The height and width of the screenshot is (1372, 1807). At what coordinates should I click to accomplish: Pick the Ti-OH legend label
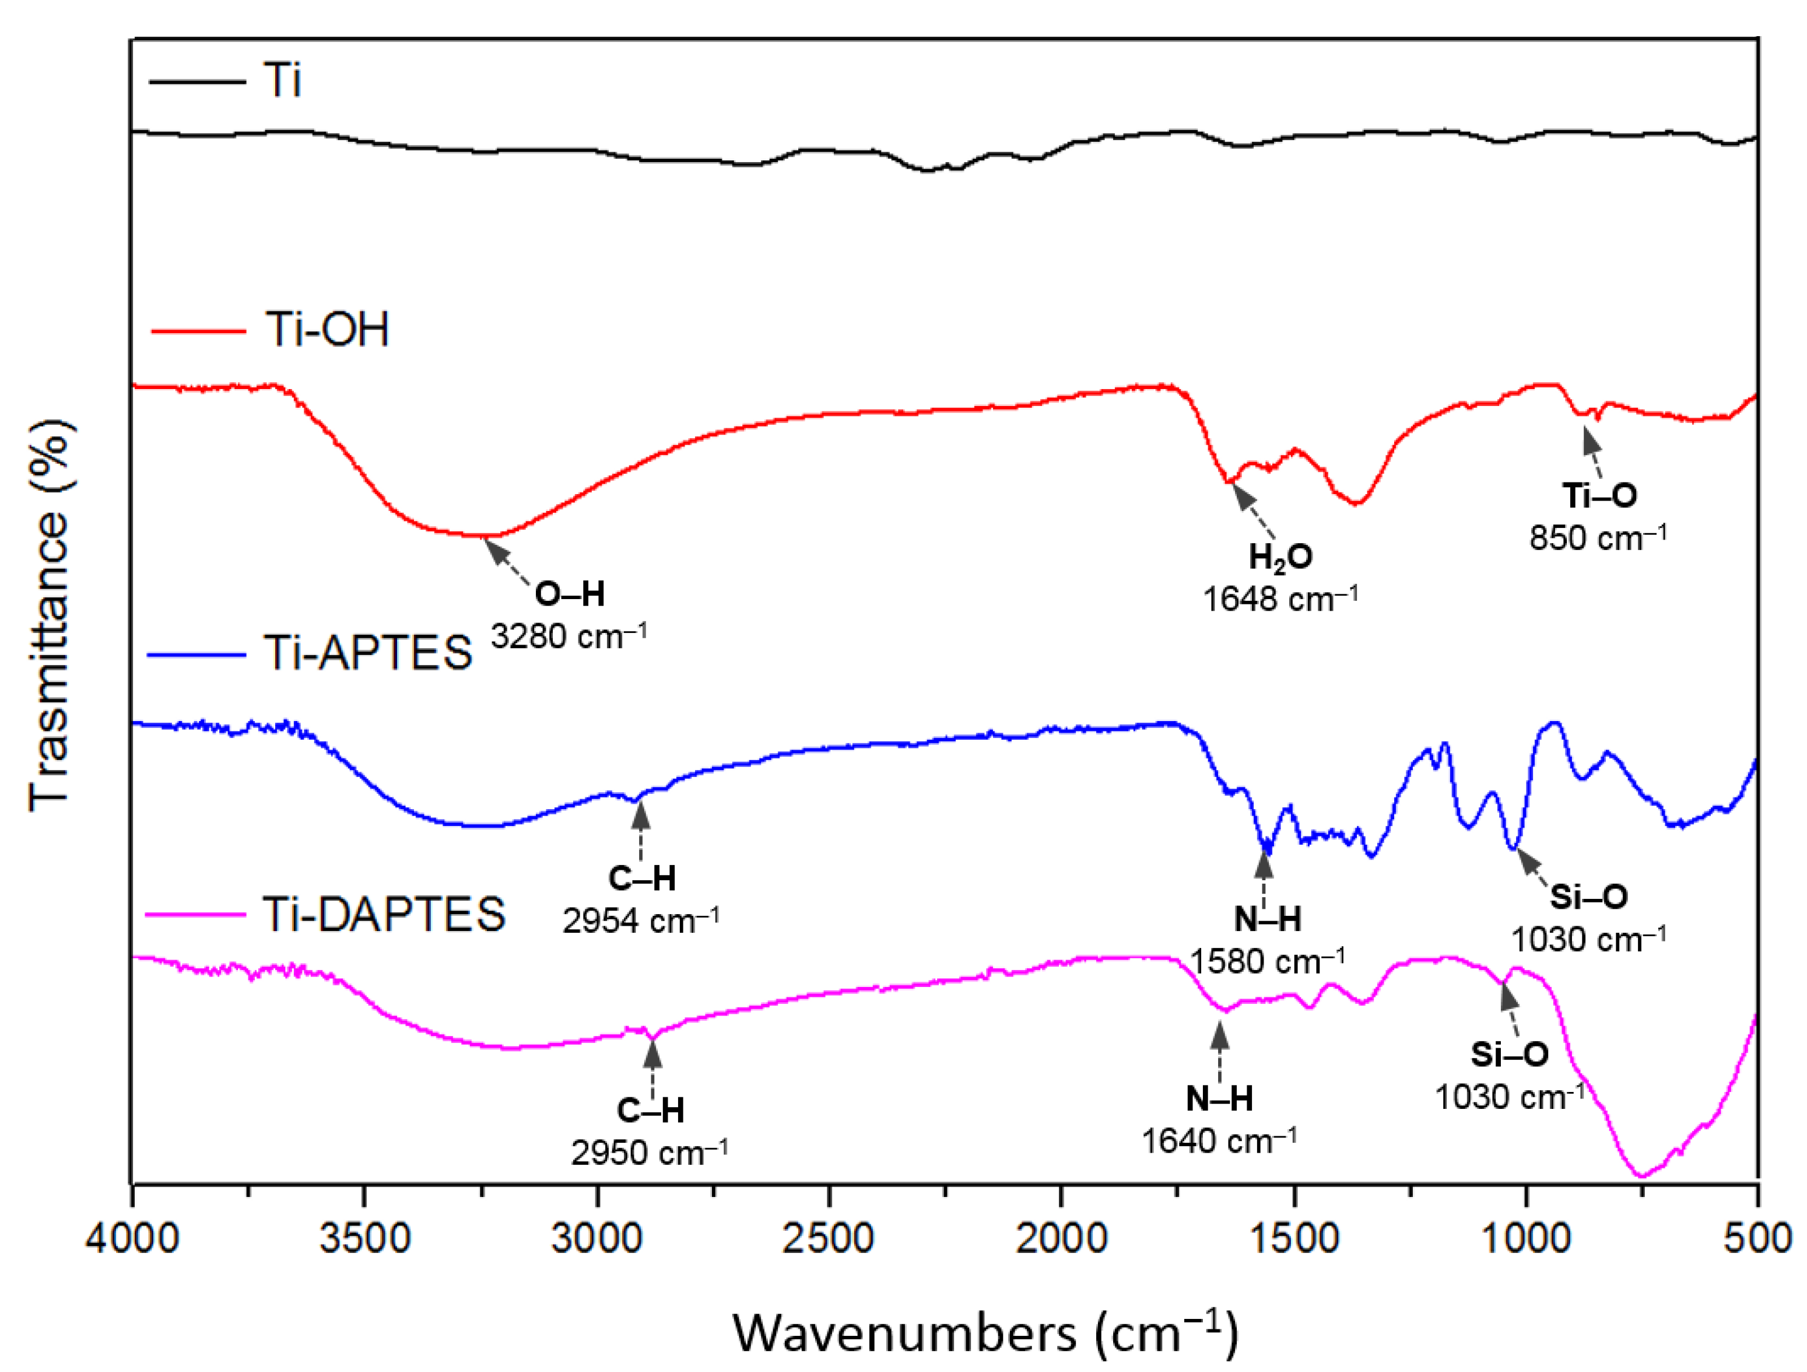(327, 330)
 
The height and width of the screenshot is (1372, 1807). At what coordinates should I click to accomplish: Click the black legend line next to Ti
(197, 82)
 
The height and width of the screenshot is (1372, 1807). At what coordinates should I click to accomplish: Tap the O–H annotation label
(569, 594)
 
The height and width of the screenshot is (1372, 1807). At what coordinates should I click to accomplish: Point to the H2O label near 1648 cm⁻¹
(1280, 557)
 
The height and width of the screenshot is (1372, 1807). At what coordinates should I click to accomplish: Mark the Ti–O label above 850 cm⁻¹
(1599, 495)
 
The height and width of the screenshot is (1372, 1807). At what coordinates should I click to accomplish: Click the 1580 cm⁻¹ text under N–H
(1267, 961)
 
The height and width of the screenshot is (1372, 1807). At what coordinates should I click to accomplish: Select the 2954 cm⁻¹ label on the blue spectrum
(640, 921)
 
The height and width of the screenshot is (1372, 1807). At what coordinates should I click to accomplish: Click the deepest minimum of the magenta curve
(1640, 1175)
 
